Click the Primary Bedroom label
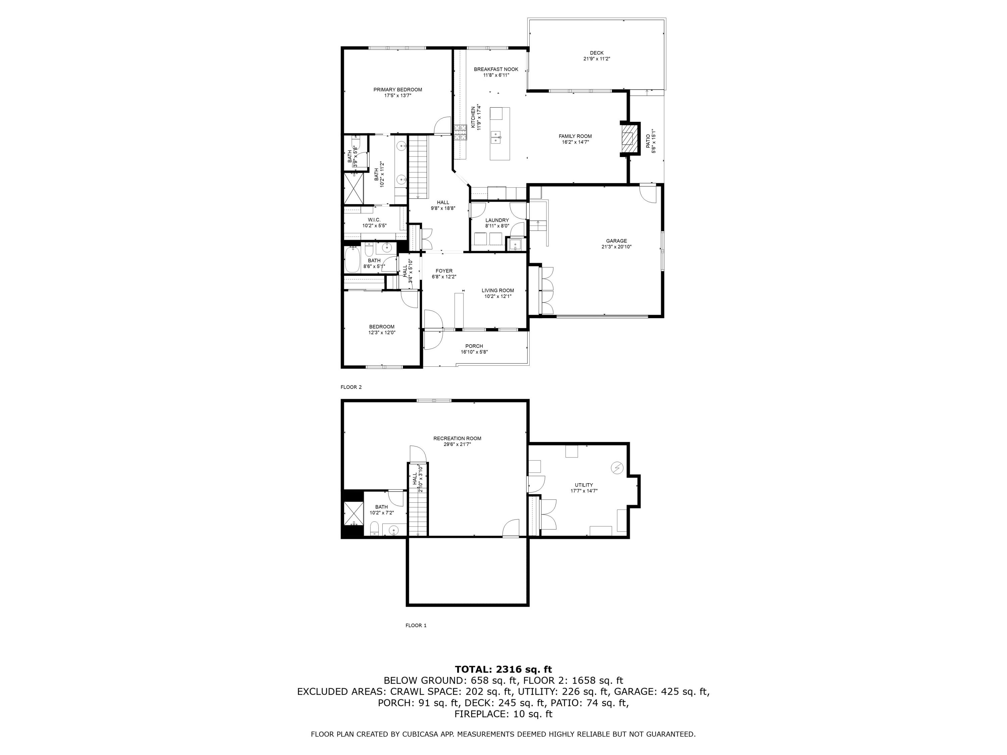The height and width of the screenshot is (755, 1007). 397,90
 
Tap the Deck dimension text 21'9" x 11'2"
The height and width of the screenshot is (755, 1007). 596,59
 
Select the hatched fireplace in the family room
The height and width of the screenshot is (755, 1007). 629,139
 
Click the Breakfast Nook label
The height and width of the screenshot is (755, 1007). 496,69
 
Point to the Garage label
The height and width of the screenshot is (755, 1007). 616,241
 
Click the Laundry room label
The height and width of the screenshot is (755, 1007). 497,220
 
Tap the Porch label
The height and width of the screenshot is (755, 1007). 474,346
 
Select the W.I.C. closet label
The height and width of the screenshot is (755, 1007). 374,220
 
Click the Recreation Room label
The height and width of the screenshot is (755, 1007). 457,438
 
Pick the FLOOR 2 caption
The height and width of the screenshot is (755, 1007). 351,387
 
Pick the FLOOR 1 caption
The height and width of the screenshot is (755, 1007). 416,625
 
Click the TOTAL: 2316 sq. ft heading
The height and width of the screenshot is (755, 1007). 503,669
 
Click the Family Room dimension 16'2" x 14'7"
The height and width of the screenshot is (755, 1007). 575,142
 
